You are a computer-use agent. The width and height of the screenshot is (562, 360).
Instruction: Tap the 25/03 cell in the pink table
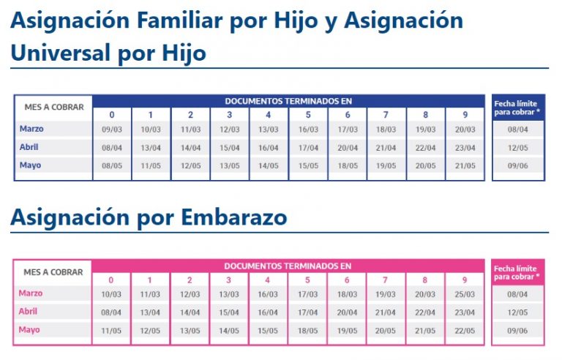click(x=464, y=294)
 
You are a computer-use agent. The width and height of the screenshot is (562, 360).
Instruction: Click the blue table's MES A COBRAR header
click(x=53, y=107)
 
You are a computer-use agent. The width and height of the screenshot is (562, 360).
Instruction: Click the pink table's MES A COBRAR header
click(x=53, y=272)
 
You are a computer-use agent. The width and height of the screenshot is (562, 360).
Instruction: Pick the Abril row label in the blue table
click(x=30, y=146)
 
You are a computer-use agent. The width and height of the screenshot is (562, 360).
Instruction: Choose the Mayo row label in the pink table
click(x=30, y=329)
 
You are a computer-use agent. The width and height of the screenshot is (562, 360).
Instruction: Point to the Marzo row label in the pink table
click(x=31, y=293)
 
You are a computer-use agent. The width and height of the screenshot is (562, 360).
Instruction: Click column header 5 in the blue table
click(x=308, y=115)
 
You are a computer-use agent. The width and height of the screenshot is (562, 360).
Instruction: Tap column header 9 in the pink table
click(x=464, y=280)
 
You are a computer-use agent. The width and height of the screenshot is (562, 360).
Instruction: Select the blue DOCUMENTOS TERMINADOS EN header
click(x=288, y=101)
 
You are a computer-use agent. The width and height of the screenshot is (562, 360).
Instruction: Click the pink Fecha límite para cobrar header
click(x=517, y=273)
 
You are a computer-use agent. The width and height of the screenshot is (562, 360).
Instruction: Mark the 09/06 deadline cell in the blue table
click(x=517, y=165)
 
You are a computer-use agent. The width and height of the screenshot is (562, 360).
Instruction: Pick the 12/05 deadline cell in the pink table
click(x=517, y=312)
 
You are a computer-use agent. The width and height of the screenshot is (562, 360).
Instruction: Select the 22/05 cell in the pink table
click(x=464, y=330)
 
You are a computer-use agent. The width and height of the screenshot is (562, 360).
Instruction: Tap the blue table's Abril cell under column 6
click(x=348, y=147)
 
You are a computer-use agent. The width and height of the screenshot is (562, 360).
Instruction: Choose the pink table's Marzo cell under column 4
click(x=268, y=294)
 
